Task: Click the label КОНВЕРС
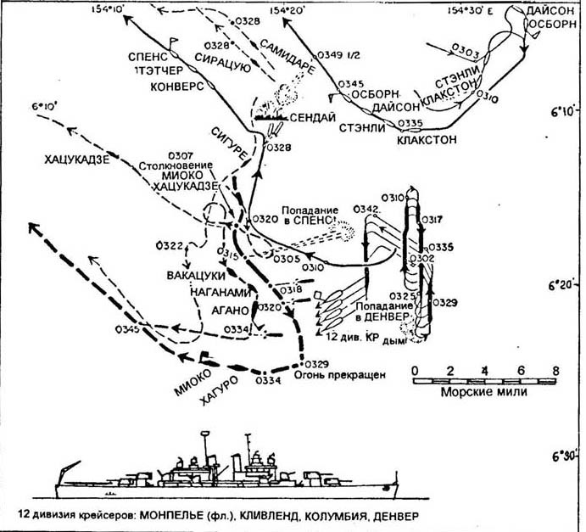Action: click(175, 86)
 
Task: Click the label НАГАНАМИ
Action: click(216, 291)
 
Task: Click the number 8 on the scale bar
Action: click(555, 370)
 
